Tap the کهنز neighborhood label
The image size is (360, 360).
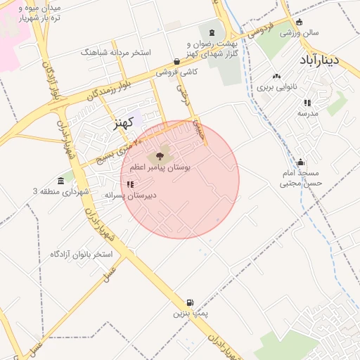point(124,123)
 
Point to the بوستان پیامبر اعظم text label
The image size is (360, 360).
point(155,169)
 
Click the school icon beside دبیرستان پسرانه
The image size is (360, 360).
point(130,185)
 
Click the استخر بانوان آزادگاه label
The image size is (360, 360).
point(82,253)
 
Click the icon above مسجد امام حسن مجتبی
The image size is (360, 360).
point(300,162)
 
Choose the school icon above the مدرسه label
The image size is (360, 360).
point(307,103)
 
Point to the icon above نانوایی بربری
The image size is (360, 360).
point(276,77)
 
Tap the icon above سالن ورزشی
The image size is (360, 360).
point(300,22)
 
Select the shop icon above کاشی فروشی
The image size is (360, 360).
point(176,61)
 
